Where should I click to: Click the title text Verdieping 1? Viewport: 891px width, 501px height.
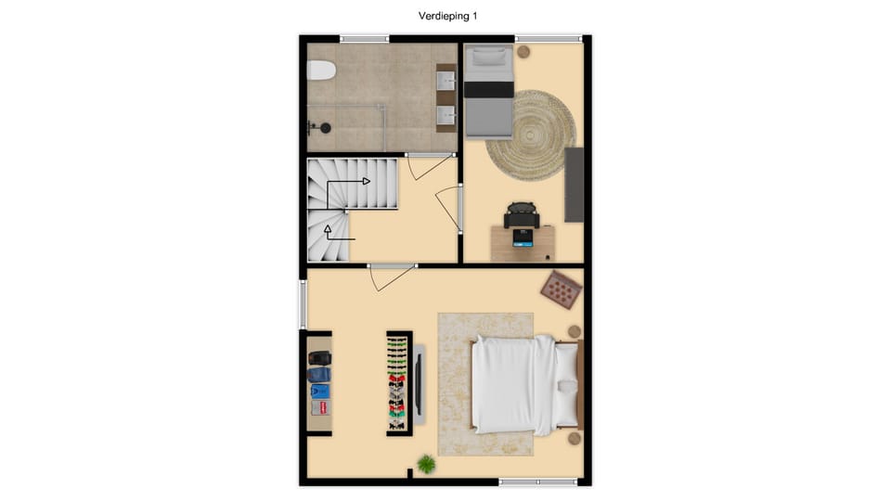[x=448, y=16]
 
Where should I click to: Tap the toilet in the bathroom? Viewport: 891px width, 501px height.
[x=320, y=71]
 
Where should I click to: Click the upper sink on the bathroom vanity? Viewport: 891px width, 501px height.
[x=446, y=83]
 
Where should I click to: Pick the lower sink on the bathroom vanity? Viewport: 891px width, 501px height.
[x=446, y=115]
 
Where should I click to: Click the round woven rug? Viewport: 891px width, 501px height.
[x=531, y=128]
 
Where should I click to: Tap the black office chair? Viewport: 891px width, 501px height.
[x=522, y=213]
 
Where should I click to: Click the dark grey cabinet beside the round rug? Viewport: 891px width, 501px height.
[x=574, y=184]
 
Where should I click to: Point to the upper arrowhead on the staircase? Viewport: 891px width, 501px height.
[x=367, y=181]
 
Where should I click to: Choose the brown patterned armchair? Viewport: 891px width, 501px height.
[x=561, y=289]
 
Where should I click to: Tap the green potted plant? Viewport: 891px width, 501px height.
[x=426, y=463]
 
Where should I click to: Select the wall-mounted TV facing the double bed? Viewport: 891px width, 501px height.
[x=420, y=383]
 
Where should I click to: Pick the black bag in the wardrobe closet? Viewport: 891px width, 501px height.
[x=318, y=358]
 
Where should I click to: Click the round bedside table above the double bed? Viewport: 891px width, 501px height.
[x=575, y=331]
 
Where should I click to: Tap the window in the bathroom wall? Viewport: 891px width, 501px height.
[x=364, y=39]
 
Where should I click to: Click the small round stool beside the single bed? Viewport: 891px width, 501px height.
[x=523, y=52]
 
